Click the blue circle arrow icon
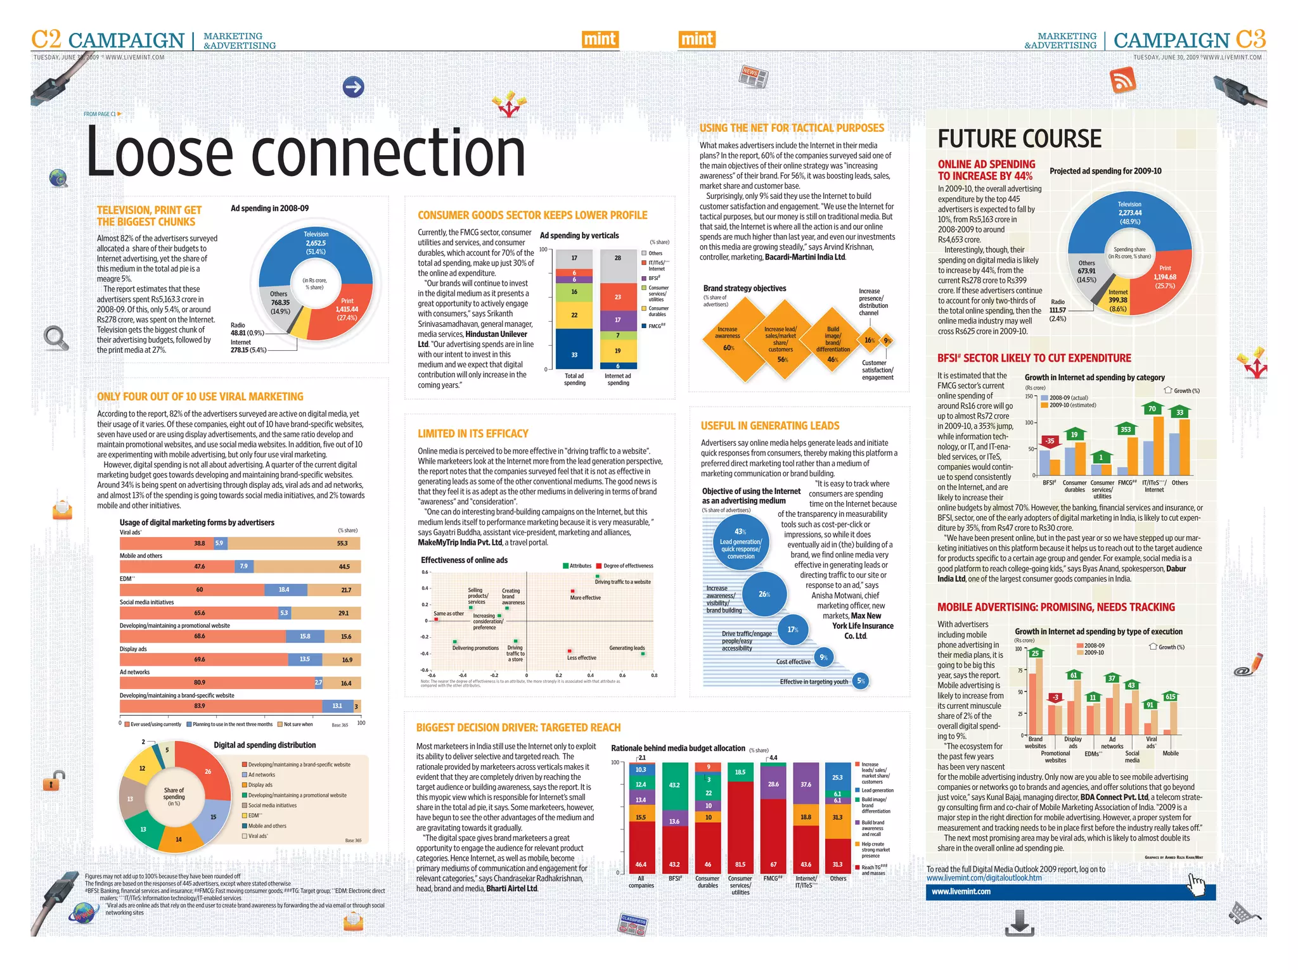(354, 87)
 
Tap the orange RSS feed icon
(1121, 80)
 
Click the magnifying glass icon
(56, 338)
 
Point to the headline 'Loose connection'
(305, 152)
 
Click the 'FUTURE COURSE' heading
(1019, 139)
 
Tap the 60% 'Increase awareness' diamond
(728, 339)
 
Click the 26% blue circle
(764, 594)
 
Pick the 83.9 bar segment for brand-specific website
(221, 706)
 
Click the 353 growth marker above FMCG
(1126, 429)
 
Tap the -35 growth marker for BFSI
(1050, 441)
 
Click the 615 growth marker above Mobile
(1170, 697)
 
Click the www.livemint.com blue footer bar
(1070, 891)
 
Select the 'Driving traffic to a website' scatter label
(622, 582)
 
